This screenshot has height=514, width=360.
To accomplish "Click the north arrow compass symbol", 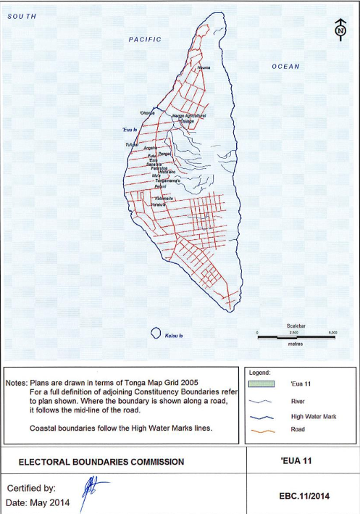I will coord(339,30).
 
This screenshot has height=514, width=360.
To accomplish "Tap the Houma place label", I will coord(204,67).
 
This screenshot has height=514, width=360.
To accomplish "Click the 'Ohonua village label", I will coord(148,113).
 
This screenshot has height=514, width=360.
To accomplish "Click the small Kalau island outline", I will coord(155,333).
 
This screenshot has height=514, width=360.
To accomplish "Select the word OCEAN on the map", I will coord(285,67).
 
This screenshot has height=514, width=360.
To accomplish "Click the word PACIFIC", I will coord(145,39).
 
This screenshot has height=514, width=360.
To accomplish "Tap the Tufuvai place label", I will coord(132,144).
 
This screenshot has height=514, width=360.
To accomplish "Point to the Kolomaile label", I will coord(164,197).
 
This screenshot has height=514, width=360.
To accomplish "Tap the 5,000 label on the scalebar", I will coord(332,333).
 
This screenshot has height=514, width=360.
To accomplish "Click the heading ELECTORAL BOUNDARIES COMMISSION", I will coord(101,462).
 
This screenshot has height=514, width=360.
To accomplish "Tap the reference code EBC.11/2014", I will coord(304,496).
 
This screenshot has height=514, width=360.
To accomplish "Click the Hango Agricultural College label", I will coord(190,118).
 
